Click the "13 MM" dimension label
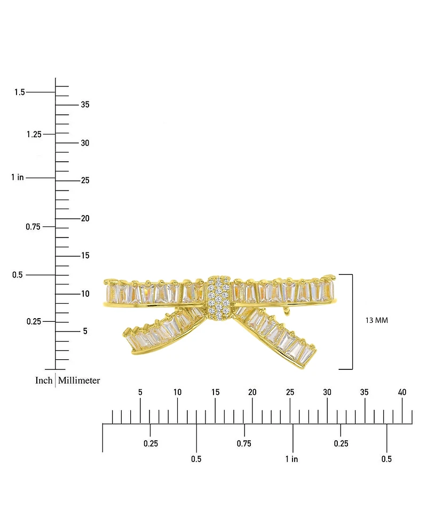point(376,320)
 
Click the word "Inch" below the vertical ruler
point(44,380)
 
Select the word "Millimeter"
point(79,380)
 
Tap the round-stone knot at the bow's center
point(219,298)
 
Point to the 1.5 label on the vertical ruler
point(20,92)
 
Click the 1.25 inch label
point(34,134)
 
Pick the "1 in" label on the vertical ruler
point(17,177)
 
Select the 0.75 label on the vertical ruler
point(33,227)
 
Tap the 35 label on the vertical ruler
point(85,105)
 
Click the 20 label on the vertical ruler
point(85,218)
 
